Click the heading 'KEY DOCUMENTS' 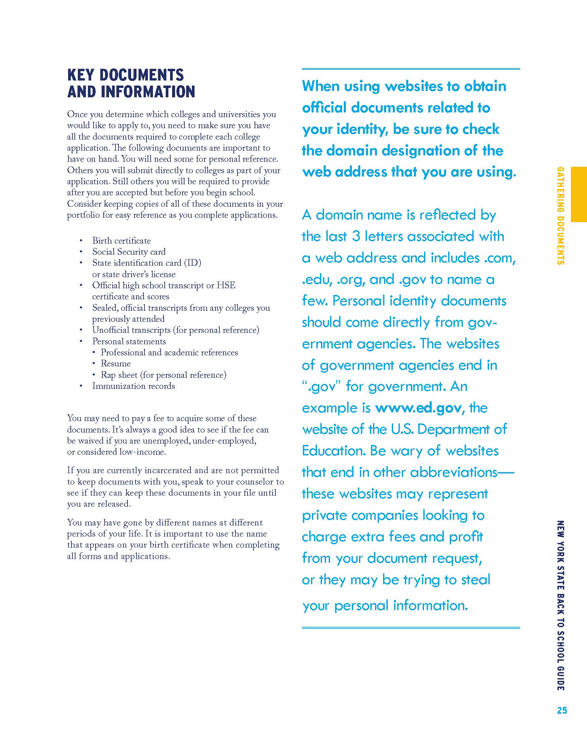[x=125, y=75]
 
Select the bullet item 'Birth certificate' [x=121, y=241]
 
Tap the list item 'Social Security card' [x=129, y=252]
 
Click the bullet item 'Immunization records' [x=134, y=386]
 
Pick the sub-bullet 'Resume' [x=116, y=363]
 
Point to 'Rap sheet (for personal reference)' [x=163, y=375]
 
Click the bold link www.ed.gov [x=418, y=408]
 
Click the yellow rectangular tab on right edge [x=578, y=194]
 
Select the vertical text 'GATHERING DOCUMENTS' [x=561, y=216]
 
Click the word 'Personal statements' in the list [x=129, y=341]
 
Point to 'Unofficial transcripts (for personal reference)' [x=175, y=330]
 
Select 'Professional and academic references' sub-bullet [x=169, y=352]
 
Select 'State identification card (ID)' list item [x=147, y=263]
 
